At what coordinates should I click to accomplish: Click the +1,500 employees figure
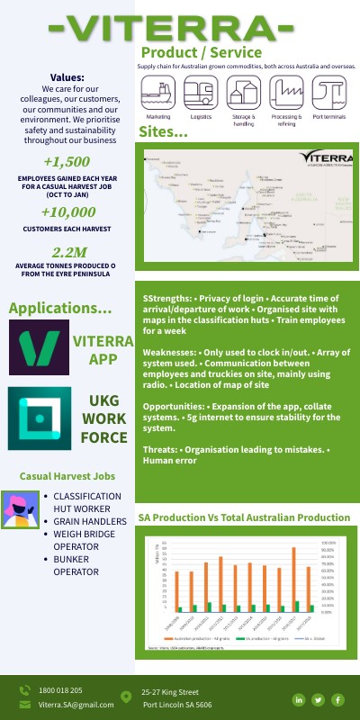pos(66,162)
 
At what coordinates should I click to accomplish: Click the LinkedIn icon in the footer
pos(298,699)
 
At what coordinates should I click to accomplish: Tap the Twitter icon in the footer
pos(318,699)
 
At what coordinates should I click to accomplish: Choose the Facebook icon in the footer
pos(337,699)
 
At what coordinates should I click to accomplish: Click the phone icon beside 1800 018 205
pos(24,690)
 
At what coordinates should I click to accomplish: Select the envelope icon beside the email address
pos(24,705)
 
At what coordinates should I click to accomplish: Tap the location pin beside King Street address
pos(126,697)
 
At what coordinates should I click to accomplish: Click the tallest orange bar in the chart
pos(293,579)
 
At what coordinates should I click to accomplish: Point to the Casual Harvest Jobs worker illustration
pos(20,509)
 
